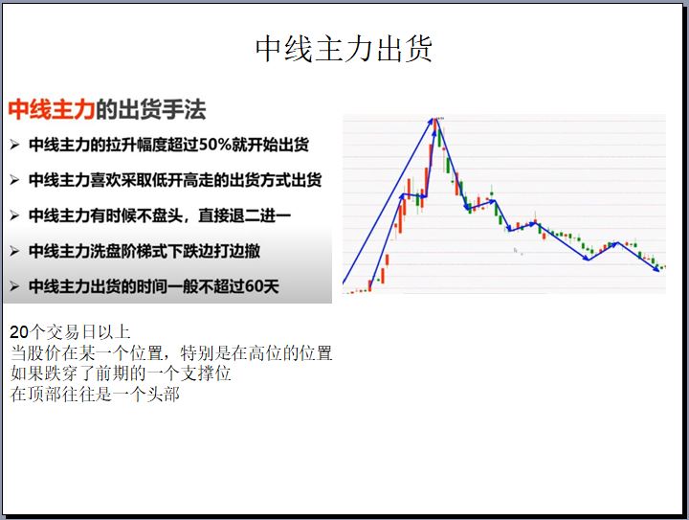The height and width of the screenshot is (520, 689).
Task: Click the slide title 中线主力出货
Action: tap(344, 48)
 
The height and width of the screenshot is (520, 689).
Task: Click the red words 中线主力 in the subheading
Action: tap(52, 109)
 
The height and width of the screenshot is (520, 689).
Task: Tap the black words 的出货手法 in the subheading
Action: tap(151, 109)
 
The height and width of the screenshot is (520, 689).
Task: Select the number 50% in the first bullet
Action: tap(215, 145)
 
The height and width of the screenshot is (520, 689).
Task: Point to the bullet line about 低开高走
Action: tap(175, 180)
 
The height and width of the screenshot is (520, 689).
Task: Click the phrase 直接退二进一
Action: tap(245, 215)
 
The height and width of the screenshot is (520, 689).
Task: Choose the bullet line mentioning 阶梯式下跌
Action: tap(144, 251)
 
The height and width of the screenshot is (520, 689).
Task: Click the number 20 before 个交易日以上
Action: tap(19, 332)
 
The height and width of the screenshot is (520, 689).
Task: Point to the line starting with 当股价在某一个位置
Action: tap(171, 353)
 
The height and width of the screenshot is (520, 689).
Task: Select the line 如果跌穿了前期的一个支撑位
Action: tap(121, 373)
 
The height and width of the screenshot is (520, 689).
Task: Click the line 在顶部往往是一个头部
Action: tap(95, 395)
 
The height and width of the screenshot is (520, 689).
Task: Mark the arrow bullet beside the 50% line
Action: tap(14, 145)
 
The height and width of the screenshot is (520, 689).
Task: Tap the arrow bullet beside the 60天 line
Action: tap(14, 287)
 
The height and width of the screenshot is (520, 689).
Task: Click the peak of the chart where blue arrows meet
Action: tap(434, 119)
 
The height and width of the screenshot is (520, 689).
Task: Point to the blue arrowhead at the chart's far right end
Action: tap(656, 269)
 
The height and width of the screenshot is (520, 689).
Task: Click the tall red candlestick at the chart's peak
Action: tap(435, 125)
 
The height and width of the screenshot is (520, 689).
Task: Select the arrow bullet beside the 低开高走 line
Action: tap(14, 180)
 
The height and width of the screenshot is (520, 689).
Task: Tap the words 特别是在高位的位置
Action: tap(256, 353)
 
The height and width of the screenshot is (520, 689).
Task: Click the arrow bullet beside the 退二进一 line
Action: tap(14, 215)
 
